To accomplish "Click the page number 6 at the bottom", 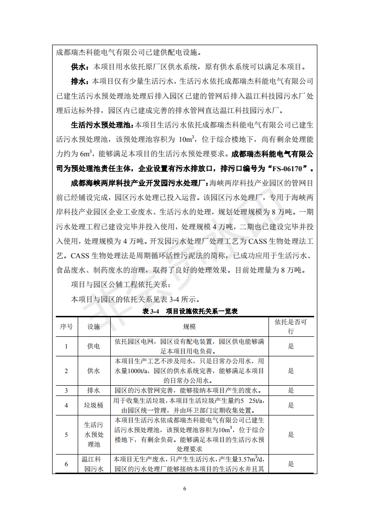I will [x=185, y=489].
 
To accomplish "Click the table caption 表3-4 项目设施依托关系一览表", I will [x=190, y=311].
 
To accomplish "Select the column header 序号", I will [x=66, y=327].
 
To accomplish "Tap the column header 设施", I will [x=94, y=327].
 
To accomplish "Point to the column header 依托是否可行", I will [x=291, y=327].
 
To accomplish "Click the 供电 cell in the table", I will [x=94, y=346].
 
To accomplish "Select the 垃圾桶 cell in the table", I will [x=94, y=405].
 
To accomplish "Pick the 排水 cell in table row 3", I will [x=94, y=390].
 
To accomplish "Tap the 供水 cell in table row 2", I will [x=94, y=371].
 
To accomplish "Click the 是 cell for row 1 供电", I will [x=291, y=346].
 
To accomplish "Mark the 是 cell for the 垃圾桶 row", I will [x=291, y=405].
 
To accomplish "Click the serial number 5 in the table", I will [x=66, y=435].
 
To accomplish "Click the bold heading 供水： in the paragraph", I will [x=80, y=67].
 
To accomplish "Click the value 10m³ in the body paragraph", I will [x=187, y=139].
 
